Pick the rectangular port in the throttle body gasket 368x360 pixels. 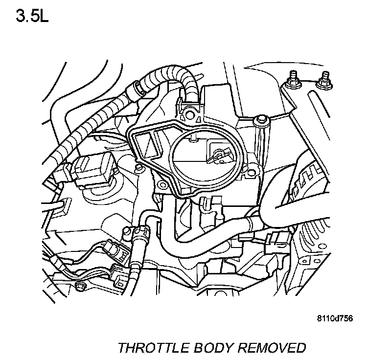[x=147, y=147]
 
